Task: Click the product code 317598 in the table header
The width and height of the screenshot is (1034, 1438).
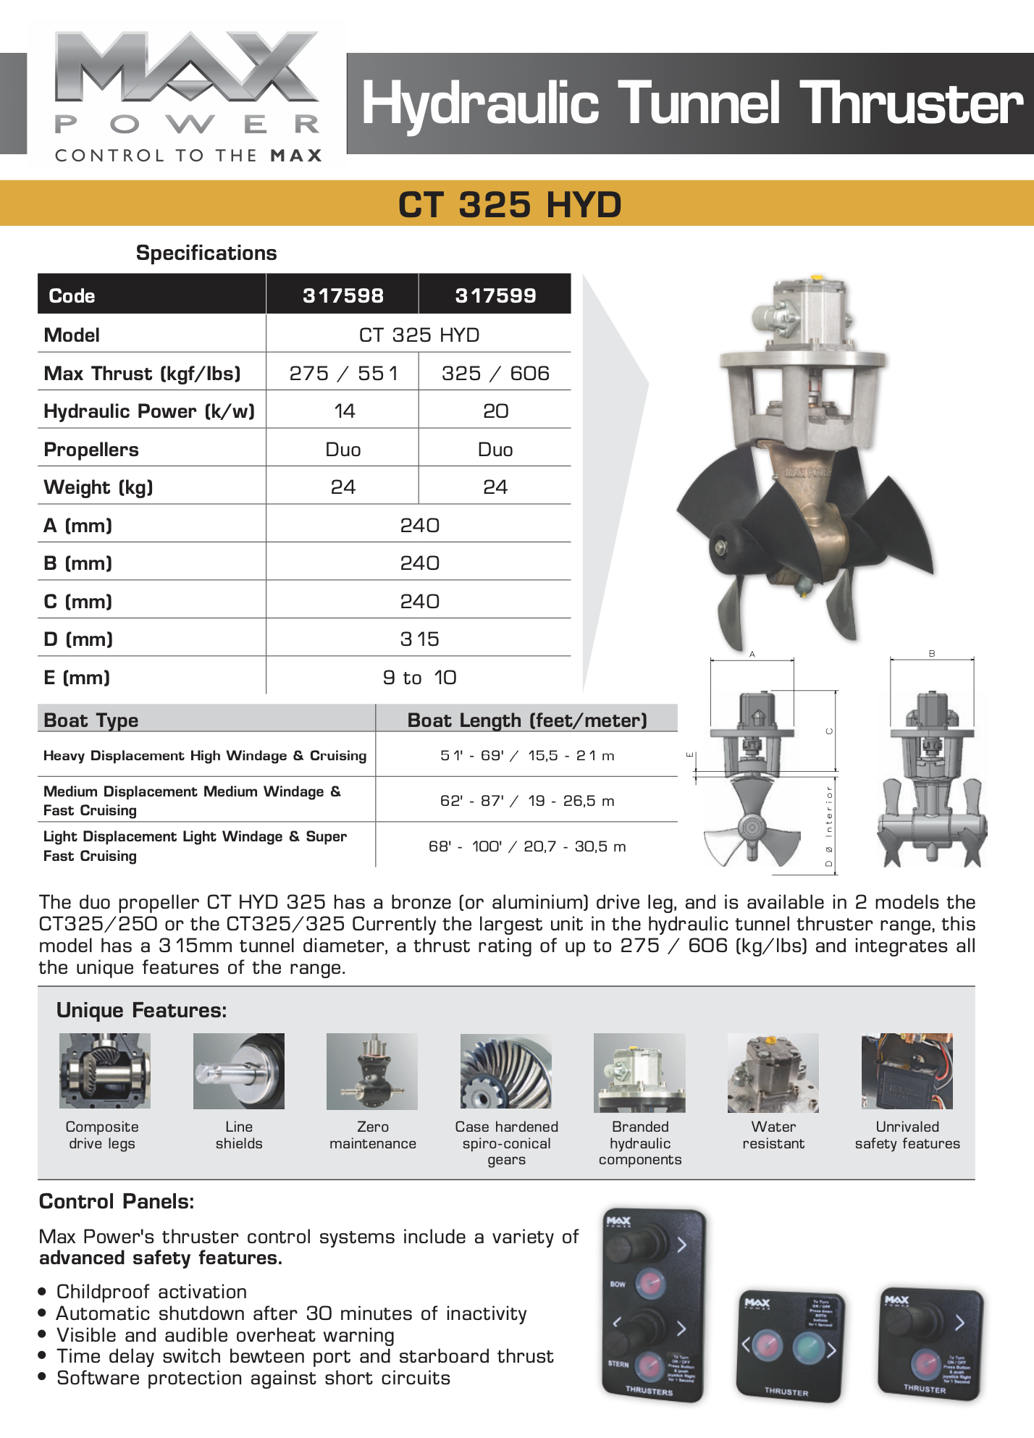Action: pyautogui.click(x=342, y=295)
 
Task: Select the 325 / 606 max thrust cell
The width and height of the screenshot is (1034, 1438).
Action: pyautogui.click(x=495, y=373)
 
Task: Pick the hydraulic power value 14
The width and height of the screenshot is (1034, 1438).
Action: pyautogui.click(x=344, y=411)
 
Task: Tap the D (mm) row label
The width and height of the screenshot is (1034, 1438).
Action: pyautogui.click(x=78, y=639)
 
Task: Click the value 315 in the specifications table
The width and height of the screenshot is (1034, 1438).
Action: pyautogui.click(x=419, y=639)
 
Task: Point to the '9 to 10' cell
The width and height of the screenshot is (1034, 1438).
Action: pyautogui.click(x=419, y=678)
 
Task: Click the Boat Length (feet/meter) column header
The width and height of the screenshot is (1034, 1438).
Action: pyautogui.click(x=527, y=720)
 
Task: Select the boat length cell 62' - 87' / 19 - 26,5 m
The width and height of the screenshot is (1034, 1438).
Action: pyautogui.click(x=527, y=801)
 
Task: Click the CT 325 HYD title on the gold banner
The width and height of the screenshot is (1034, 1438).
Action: pyautogui.click(x=510, y=204)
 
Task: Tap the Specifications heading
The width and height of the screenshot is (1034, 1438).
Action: pyautogui.click(x=206, y=253)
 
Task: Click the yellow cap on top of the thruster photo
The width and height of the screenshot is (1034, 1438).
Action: pyautogui.click(x=816, y=277)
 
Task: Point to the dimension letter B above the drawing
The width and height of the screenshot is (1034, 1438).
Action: pyautogui.click(x=932, y=653)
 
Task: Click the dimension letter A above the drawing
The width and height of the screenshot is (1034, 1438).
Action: pyautogui.click(x=752, y=654)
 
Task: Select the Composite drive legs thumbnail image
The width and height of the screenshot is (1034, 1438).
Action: pyautogui.click(x=105, y=1070)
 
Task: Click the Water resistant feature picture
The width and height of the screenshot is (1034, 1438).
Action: pyautogui.click(x=773, y=1072)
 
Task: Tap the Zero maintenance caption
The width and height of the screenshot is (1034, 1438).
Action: pyautogui.click(x=373, y=1135)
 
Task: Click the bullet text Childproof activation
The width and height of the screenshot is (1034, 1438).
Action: pyautogui.click(x=151, y=1292)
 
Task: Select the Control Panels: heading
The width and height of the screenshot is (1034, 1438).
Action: pyautogui.click(x=117, y=1202)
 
